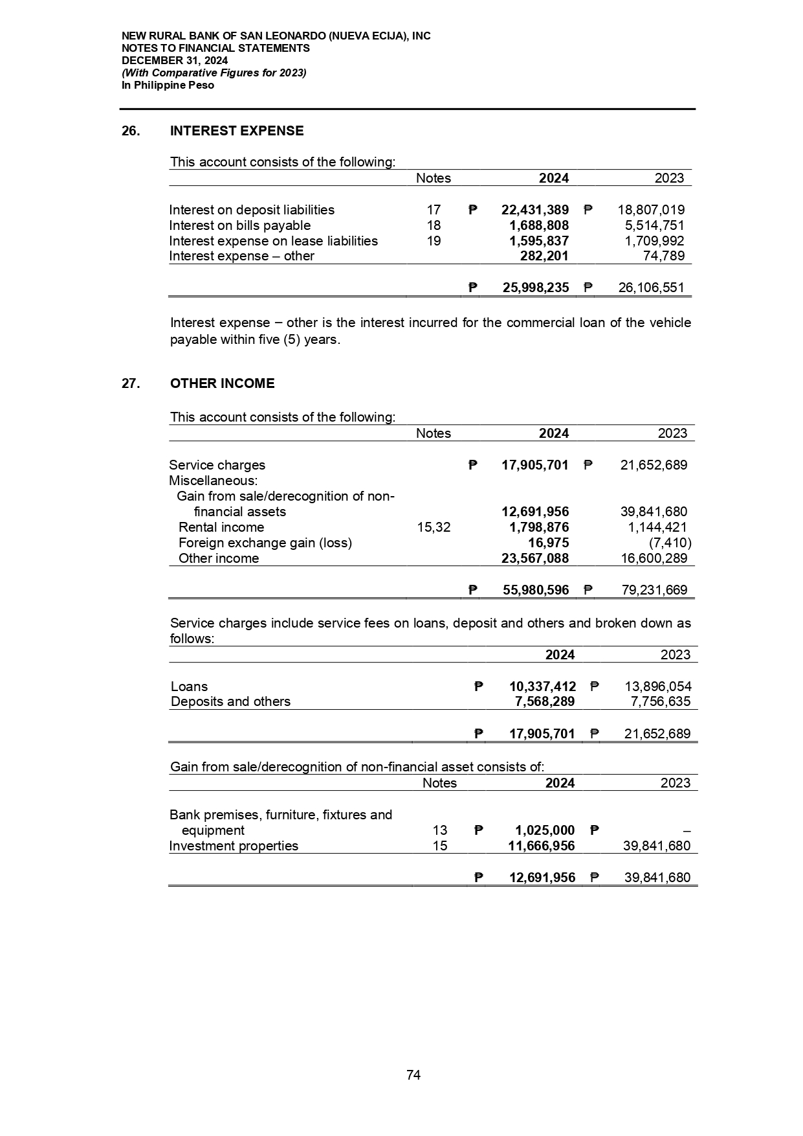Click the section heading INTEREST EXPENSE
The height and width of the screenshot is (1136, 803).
[x=236, y=131]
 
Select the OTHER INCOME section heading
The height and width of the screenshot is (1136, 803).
[x=222, y=383]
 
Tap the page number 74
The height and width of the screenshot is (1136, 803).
[x=413, y=1075]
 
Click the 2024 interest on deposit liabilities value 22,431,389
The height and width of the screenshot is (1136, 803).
[x=535, y=210]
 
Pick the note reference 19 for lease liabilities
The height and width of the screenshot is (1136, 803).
[x=434, y=241]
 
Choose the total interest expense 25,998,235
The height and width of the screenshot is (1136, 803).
[x=536, y=288]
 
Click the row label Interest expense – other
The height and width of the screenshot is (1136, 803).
[x=241, y=256]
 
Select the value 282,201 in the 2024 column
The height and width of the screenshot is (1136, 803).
[x=544, y=256]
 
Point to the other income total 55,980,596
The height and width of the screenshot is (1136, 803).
[x=536, y=590]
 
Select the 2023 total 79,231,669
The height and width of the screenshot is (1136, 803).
[x=652, y=590]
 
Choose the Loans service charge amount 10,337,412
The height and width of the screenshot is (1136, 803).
[x=542, y=687]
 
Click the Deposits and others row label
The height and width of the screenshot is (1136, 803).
[x=230, y=701]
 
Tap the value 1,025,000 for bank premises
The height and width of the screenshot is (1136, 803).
[x=545, y=830]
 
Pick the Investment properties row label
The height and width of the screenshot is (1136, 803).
[x=234, y=846]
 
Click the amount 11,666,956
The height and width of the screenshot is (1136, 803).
[x=542, y=846]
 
